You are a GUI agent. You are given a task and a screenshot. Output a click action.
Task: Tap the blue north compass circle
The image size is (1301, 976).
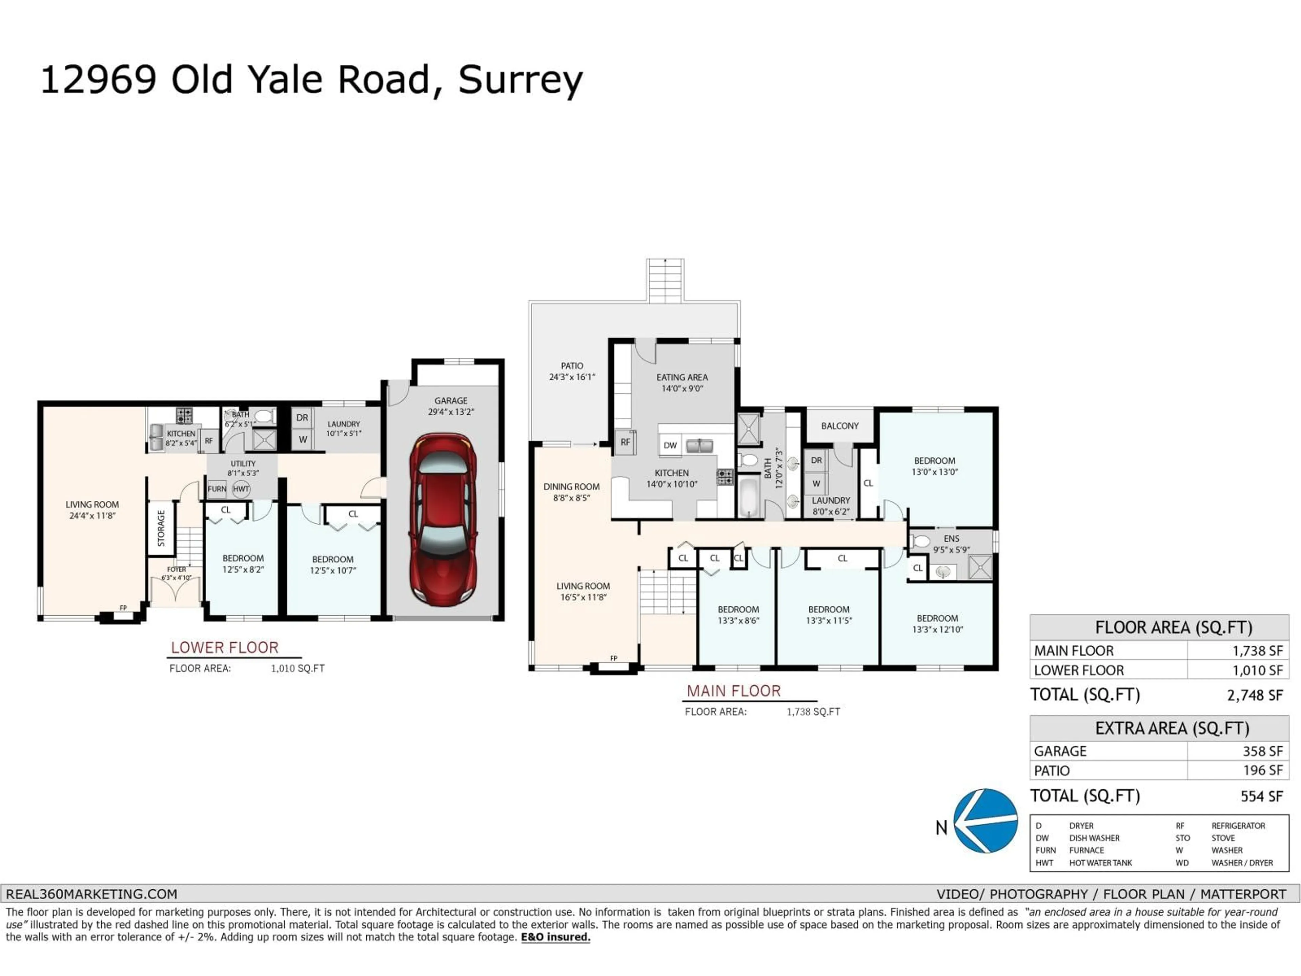(986, 821)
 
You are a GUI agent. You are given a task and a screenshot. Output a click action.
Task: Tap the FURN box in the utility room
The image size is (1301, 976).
(216, 489)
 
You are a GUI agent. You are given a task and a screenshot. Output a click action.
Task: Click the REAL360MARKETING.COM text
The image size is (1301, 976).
(92, 894)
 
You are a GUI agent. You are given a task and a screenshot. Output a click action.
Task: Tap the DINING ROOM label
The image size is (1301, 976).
(571, 492)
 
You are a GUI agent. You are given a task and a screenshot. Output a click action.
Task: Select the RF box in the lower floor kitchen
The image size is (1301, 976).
(208, 441)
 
